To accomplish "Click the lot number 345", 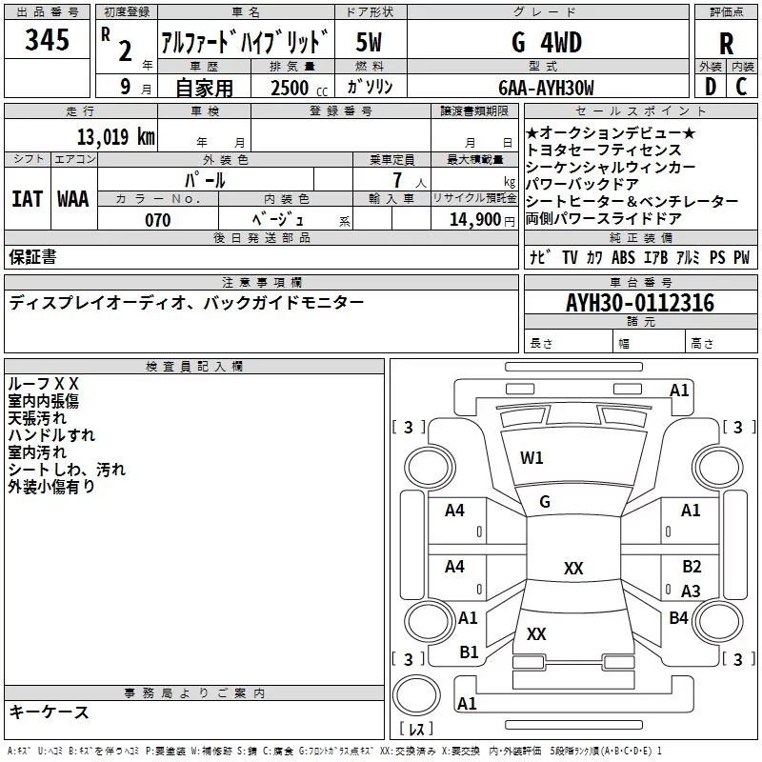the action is tap(48, 41).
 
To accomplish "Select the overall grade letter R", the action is tap(726, 43).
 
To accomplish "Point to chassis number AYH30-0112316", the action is tap(639, 303).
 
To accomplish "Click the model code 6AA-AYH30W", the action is tap(546, 88).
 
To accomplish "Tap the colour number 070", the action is tap(158, 220).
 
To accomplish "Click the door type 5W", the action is tap(369, 42).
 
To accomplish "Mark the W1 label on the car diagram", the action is tap(531, 458).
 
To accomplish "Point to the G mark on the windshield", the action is tap(545, 501).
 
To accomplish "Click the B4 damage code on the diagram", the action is tap(678, 617).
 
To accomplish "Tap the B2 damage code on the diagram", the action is tap(692, 566).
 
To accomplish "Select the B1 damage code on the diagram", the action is tap(469, 652).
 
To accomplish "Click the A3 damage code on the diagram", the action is tap(692, 591).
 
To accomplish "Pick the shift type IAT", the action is tap(27, 198).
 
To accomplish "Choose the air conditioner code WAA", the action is tap(73, 198).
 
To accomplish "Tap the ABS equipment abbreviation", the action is tap(623, 257).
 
